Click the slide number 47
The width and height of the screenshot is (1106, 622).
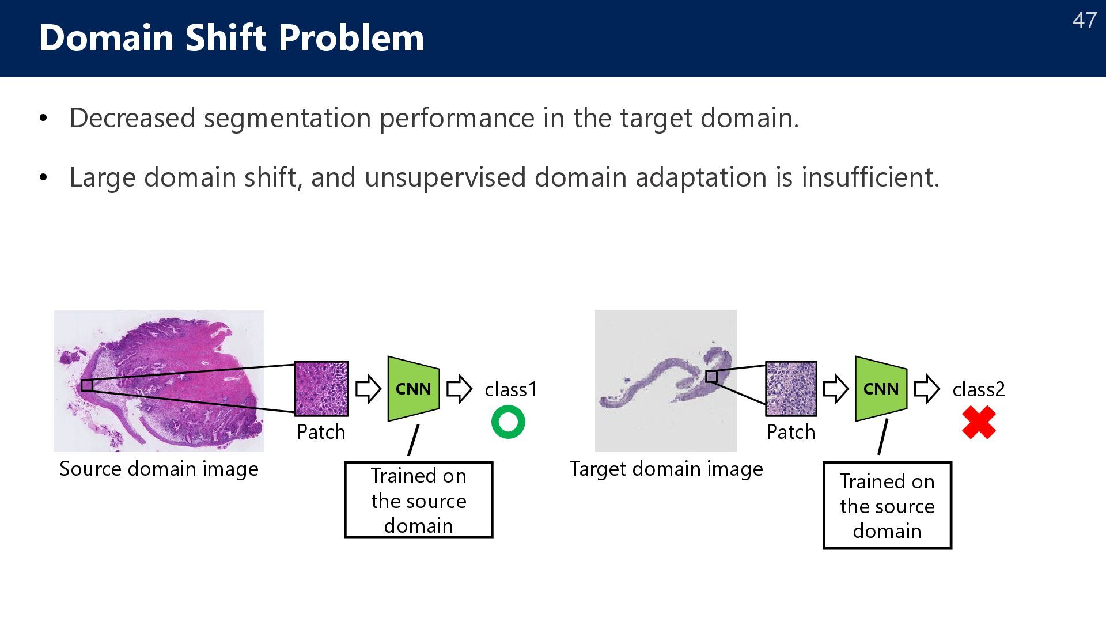point(1084,21)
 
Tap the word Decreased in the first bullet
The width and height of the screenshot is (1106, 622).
point(132,118)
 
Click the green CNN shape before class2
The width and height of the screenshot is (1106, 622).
point(881,389)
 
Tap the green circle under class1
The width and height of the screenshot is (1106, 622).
point(508,422)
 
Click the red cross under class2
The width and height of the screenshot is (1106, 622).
point(979,422)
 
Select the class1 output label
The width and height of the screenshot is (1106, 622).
point(511,390)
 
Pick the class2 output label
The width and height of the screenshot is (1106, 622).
point(979,390)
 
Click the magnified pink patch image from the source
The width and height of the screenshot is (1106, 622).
point(321,389)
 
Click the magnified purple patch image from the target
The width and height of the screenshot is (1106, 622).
point(791,389)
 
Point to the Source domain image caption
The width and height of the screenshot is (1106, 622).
point(159,469)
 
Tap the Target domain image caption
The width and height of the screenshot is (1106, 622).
point(666,469)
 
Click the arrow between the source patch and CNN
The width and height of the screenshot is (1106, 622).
point(368,389)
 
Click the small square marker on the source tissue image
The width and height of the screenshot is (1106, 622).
point(87,385)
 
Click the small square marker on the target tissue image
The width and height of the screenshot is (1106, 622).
point(711,377)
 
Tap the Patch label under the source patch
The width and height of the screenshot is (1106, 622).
point(321,432)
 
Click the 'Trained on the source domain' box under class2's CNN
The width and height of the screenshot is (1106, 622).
point(887,506)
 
